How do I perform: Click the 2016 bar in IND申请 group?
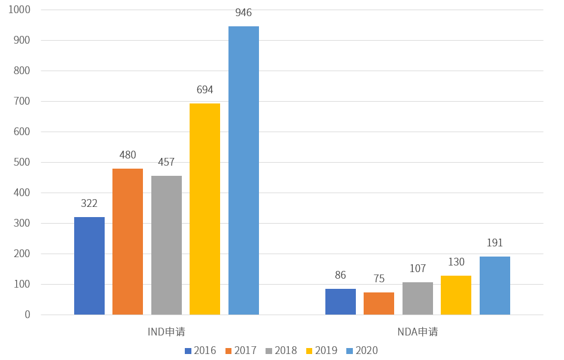[x=89, y=266]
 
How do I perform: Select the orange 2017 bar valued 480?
[x=127, y=242]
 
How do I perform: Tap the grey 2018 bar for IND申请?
[x=166, y=245]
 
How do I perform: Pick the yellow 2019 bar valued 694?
[x=205, y=209]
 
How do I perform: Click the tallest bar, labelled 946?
[x=243, y=170]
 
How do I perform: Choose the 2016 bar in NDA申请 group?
[x=340, y=302]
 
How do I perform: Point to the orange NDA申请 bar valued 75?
[x=379, y=304]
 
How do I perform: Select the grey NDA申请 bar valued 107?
[x=417, y=298]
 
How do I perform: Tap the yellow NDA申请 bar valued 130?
[x=456, y=295]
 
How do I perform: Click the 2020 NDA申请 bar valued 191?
[x=495, y=285]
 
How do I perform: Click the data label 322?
[x=89, y=203]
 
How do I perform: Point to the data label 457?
[x=166, y=163]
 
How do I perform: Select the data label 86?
[x=340, y=276]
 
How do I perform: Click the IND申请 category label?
[x=166, y=332]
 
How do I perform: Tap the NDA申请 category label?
[x=417, y=332]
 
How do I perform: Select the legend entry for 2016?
[x=200, y=350]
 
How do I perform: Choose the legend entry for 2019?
[x=322, y=350]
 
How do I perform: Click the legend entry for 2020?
[x=362, y=350]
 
